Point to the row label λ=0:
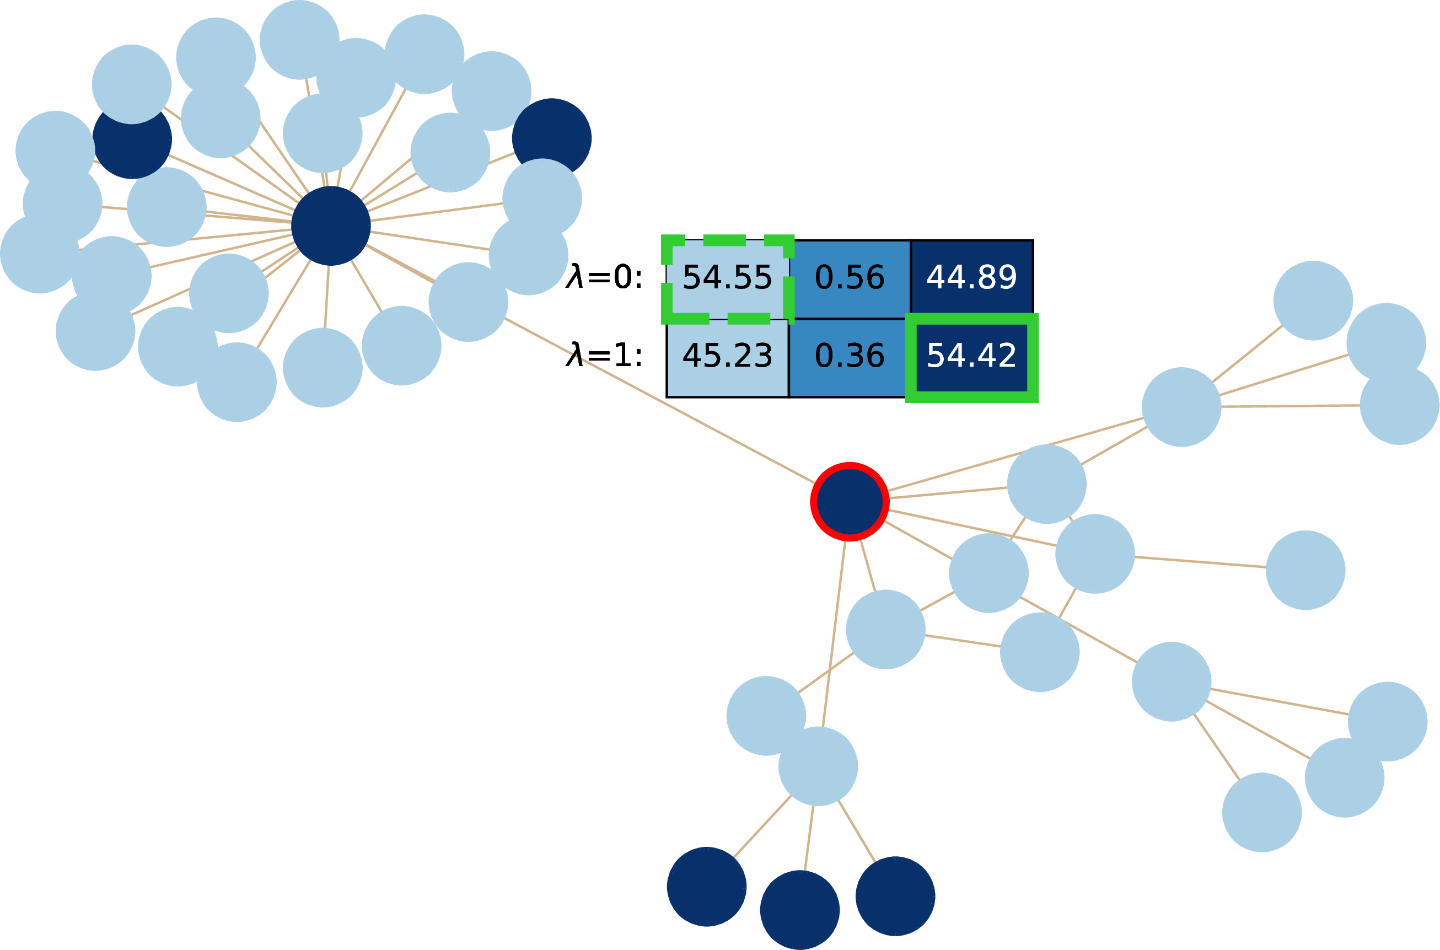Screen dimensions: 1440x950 pyautogui.click(x=604, y=277)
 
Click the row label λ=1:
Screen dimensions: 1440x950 pyautogui.click(x=604, y=356)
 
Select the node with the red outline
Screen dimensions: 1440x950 pyautogui.click(x=850, y=502)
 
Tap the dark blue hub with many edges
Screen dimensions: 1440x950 pyautogui.click(x=331, y=226)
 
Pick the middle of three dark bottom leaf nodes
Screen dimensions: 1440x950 pyautogui.click(x=800, y=910)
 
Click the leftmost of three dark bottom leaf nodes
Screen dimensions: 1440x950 pyautogui.click(x=706, y=887)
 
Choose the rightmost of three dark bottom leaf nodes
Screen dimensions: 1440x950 pyautogui.click(x=895, y=896)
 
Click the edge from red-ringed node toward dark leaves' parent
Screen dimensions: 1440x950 pyautogui.click(x=834, y=634)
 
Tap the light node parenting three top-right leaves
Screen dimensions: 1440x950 pyautogui.click(x=1181, y=407)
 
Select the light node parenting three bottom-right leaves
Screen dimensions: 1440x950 pyautogui.click(x=1172, y=681)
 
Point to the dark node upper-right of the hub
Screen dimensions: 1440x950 pyautogui.click(x=552, y=138)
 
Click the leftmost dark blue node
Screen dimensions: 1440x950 pyautogui.click(x=132, y=139)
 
